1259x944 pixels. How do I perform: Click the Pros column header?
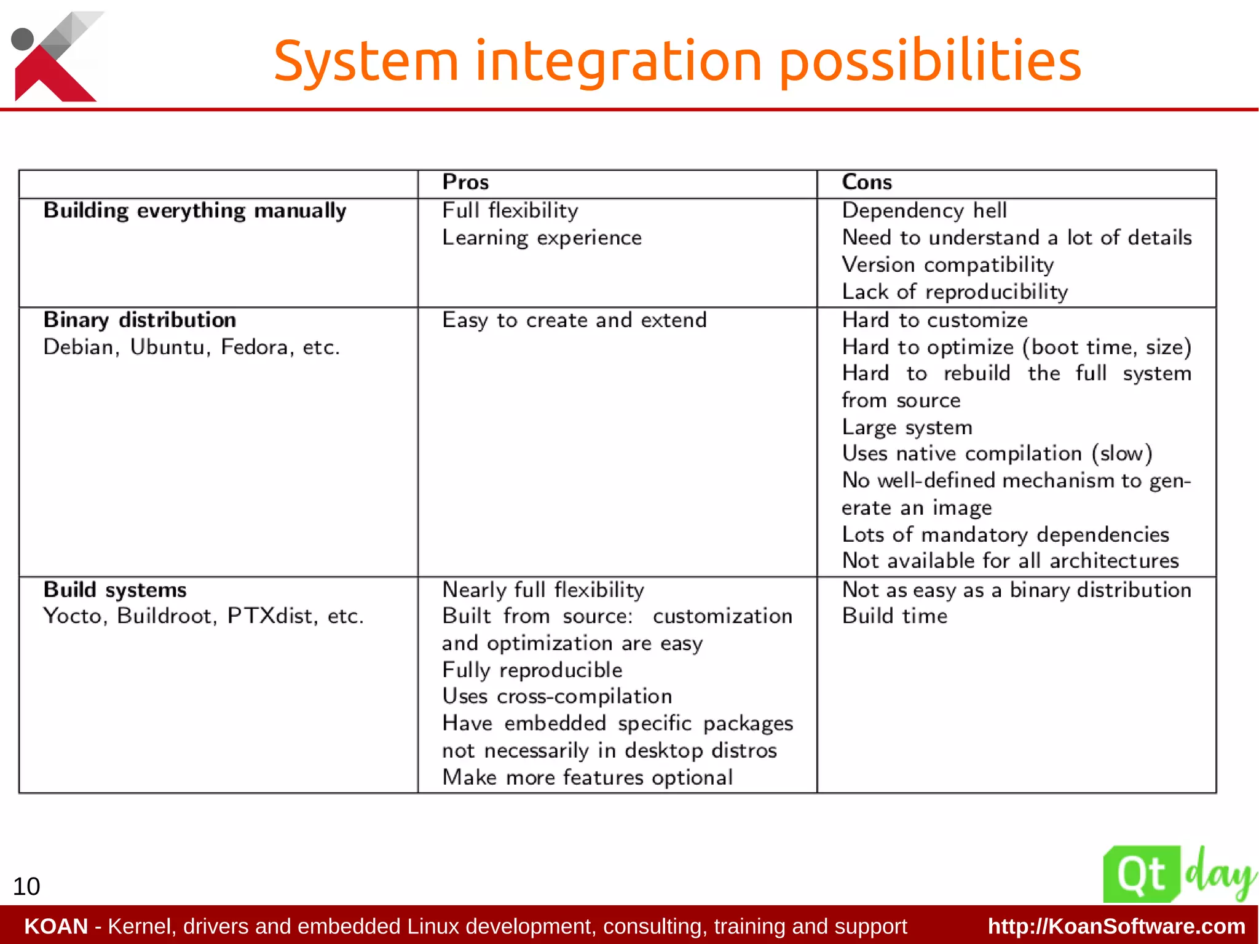tap(465, 183)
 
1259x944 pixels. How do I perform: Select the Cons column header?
tap(866, 183)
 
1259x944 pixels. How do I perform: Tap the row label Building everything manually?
tap(195, 211)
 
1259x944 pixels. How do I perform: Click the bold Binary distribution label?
tap(140, 320)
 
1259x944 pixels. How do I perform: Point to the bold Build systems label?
tap(115, 590)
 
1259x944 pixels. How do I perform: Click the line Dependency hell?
tap(924, 211)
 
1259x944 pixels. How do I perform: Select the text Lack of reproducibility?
tap(955, 292)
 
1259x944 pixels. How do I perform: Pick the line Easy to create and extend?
tap(574, 320)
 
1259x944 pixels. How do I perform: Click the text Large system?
tap(907, 427)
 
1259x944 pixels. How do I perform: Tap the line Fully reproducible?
tap(532, 670)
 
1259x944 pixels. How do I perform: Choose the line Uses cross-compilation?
tap(557, 696)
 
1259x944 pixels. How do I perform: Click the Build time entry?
tap(894, 616)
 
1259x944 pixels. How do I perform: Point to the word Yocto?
tap(73, 616)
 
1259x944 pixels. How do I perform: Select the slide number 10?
tap(26, 886)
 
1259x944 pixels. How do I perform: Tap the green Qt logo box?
tap(1142, 874)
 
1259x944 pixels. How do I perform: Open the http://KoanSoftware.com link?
tap(1116, 926)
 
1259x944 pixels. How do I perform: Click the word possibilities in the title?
tap(930, 61)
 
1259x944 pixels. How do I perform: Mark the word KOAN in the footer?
tap(56, 926)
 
